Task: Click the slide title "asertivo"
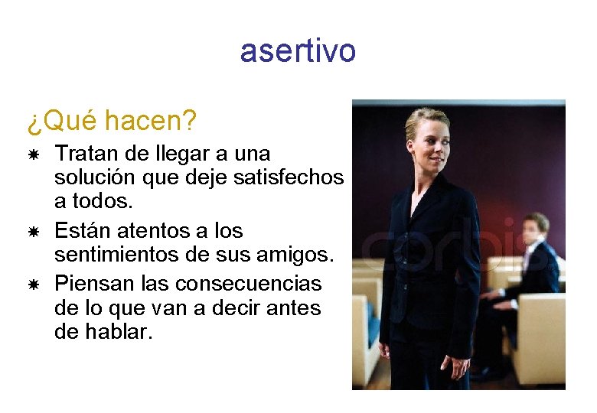point(298,51)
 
